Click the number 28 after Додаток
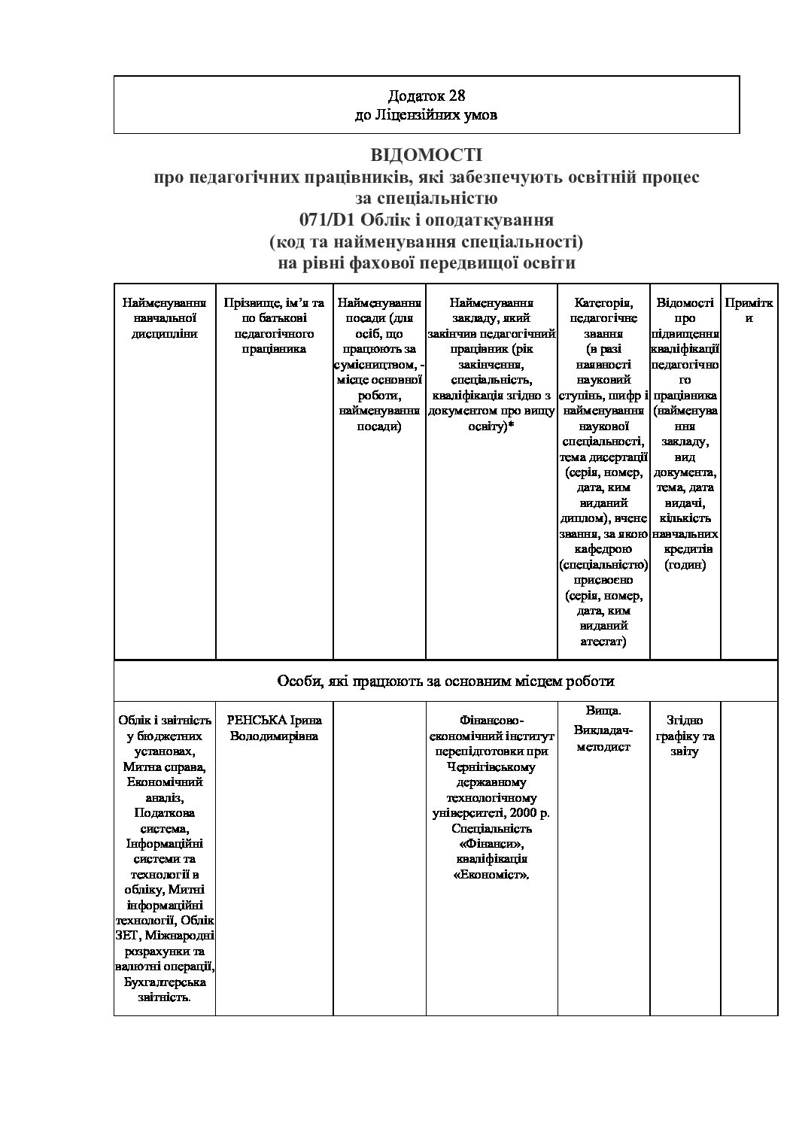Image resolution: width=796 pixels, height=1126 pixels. pyautogui.click(x=457, y=96)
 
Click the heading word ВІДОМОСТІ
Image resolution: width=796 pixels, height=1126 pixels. pyautogui.click(x=426, y=155)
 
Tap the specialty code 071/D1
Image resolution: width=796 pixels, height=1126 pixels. pyautogui.click(x=328, y=220)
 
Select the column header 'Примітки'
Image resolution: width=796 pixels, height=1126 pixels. pyautogui.click(x=749, y=310)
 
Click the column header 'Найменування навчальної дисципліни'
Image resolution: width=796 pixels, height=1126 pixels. pyautogui.click(x=164, y=317)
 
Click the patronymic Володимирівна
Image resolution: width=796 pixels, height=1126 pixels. pyautogui.click(x=274, y=736)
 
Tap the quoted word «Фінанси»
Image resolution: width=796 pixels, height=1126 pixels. pyautogui.click(x=492, y=844)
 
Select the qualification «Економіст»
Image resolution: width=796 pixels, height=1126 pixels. pyautogui.click(x=492, y=875)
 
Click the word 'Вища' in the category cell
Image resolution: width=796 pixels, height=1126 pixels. pyautogui.click(x=603, y=711)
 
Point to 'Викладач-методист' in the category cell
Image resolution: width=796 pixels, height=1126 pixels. pyautogui.click(x=603, y=739)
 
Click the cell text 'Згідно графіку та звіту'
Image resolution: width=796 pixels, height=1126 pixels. pyautogui.click(x=684, y=736)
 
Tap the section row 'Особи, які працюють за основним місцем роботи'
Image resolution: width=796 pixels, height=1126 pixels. pyautogui.click(x=445, y=681)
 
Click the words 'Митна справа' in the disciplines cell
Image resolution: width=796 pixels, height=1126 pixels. pyautogui.click(x=164, y=766)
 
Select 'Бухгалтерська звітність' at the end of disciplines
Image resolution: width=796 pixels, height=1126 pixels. pyautogui.click(x=164, y=990)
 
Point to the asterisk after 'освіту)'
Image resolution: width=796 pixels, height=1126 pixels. pyautogui.click(x=511, y=426)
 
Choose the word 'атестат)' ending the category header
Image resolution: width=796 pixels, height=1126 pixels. pyautogui.click(x=603, y=642)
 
